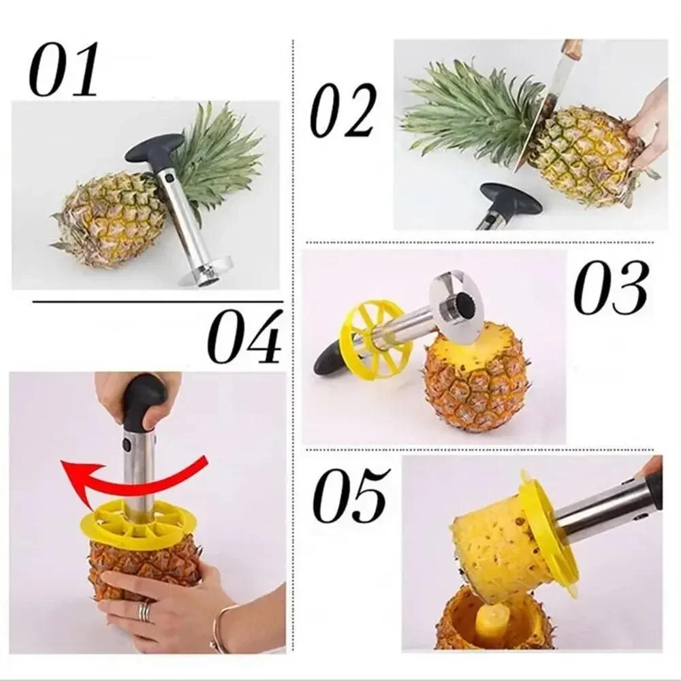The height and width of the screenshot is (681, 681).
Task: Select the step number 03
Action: tap(610, 287)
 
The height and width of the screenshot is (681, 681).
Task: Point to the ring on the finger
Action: tap(145, 611)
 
